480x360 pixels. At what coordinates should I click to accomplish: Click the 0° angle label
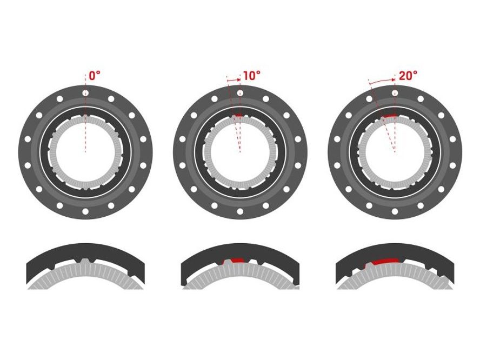point(94,76)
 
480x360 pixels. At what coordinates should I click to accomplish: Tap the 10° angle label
point(252,76)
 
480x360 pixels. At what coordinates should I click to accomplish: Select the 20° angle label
point(408,76)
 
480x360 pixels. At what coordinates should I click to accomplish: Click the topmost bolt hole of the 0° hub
point(85,93)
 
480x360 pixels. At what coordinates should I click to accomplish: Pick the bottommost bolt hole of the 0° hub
point(85,211)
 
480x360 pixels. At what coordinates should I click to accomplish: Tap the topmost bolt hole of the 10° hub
point(241,93)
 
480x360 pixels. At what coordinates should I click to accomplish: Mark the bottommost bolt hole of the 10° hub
point(241,211)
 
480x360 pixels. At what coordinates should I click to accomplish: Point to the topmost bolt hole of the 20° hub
point(395,93)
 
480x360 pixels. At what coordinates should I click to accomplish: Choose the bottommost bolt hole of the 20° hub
point(395,211)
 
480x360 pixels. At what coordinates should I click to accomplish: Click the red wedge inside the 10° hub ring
point(237,116)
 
